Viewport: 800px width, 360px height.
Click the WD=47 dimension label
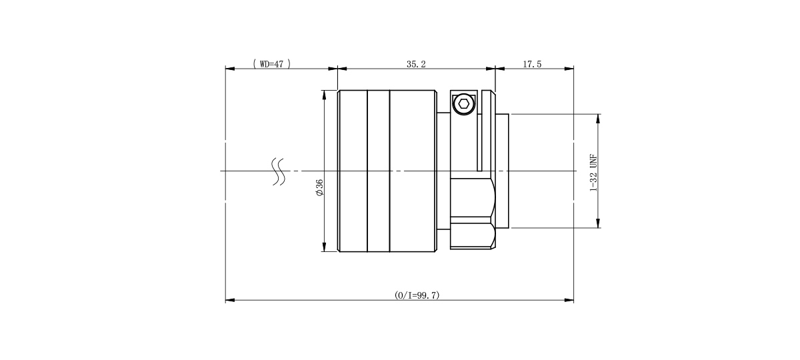tap(272, 64)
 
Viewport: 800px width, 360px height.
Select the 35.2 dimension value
tap(416, 64)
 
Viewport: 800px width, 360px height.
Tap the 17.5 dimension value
tap(532, 64)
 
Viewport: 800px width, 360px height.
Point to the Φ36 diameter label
tap(319, 187)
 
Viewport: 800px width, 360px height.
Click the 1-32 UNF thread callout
tap(593, 173)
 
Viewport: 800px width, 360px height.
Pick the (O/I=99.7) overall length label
tap(417, 295)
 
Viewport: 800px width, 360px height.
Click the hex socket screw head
tap(464, 104)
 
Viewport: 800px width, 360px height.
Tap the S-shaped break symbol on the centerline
tap(279, 171)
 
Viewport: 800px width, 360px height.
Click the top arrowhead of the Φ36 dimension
tap(324, 95)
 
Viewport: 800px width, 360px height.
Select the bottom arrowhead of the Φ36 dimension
tap(324, 247)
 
